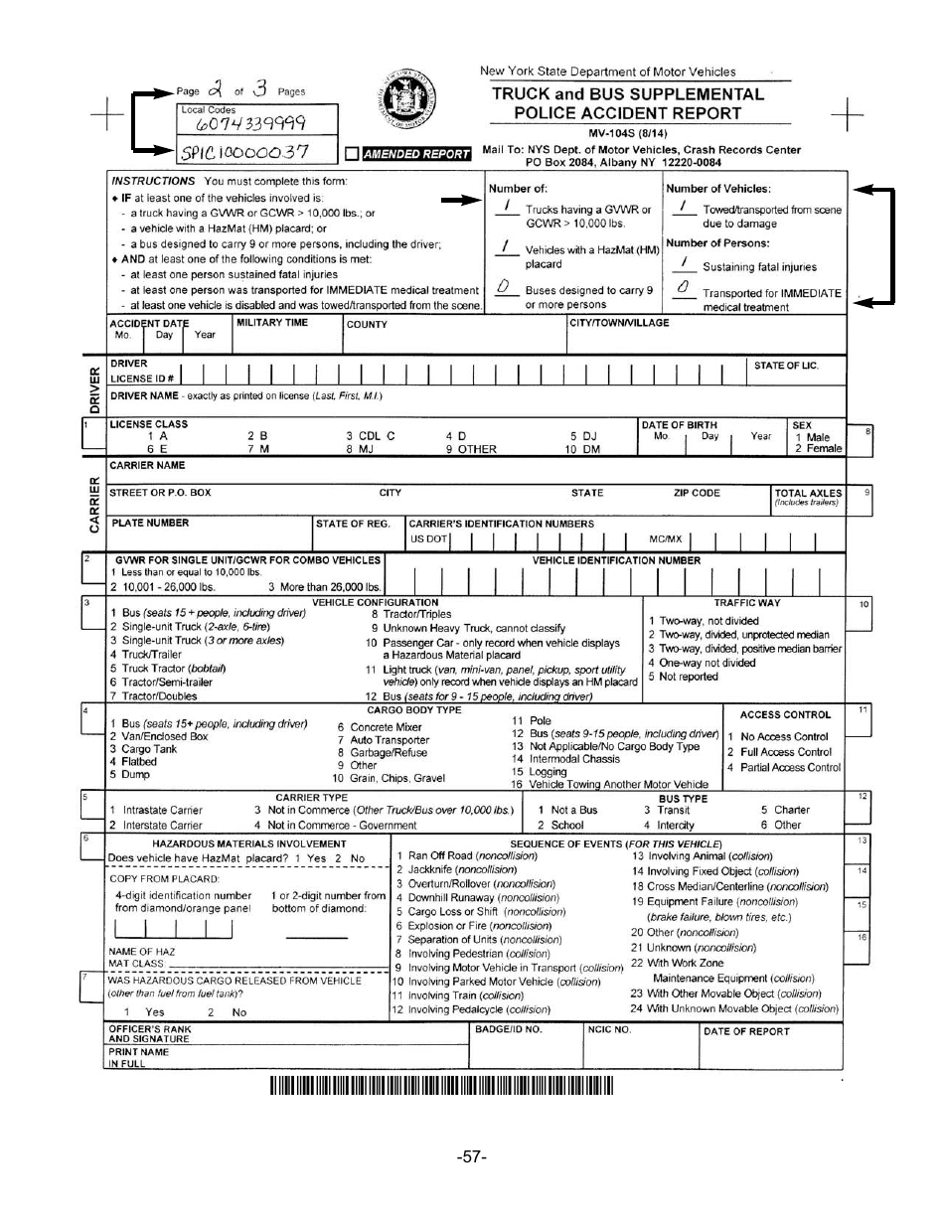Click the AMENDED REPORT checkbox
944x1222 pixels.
[x=352, y=154]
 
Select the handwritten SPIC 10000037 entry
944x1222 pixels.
[x=244, y=152]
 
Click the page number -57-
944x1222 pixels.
[x=471, y=1157]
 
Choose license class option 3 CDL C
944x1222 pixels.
[x=370, y=436]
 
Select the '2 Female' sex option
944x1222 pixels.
[x=818, y=449]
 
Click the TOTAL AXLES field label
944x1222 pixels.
[x=808, y=493]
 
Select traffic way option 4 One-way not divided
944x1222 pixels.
[x=702, y=663]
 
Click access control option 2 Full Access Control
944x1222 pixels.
[x=779, y=752]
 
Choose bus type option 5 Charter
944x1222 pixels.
[x=785, y=810]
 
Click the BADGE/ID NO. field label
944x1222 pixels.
[x=508, y=1029]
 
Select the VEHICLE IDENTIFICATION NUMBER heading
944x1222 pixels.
[x=616, y=560]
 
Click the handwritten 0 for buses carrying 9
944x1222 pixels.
[x=504, y=287]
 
